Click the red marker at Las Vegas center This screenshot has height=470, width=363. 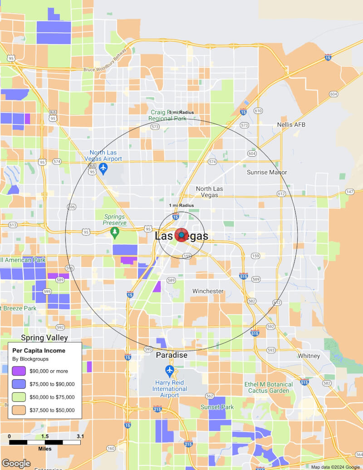(x=181, y=235)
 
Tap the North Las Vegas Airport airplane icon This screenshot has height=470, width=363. (x=103, y=169)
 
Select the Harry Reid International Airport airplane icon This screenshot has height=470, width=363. (x=170, y=370)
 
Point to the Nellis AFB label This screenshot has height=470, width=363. (x=291, y=124)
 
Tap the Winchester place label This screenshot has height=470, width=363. (x=208, y=291)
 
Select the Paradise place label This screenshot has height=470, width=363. (x=172, y=355)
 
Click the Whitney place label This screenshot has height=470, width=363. (x=309, y=356)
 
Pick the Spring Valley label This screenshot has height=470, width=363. (x=44, y=338)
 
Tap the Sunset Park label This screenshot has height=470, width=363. (x=217, y=407)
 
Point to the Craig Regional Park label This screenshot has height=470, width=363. (x=168, y=115)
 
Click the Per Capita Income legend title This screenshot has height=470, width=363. (x=39, y=351)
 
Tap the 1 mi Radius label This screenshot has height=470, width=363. (x=181, y=205)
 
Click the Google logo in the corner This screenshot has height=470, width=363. (x=16, y=463)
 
